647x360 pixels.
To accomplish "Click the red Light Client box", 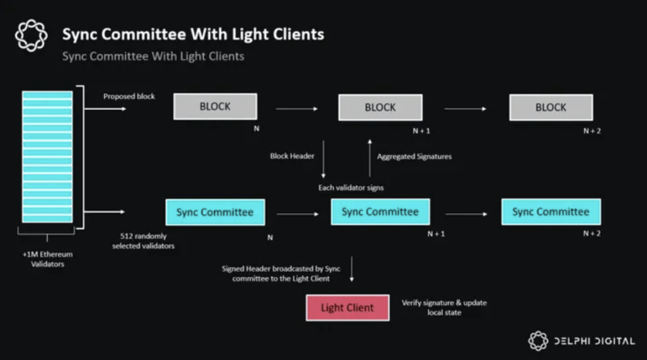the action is coord(347,308).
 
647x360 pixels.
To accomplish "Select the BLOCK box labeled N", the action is coord(215,106).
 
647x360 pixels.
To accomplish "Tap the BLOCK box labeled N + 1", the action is coord(380,107).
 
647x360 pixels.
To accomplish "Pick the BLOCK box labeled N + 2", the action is coord(551,107).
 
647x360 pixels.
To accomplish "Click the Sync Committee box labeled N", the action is coord(215,212).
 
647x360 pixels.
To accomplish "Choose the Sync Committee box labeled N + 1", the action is coord(380,212).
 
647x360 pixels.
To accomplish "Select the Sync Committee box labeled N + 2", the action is coord(551,212).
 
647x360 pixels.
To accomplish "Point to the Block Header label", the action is coord(292,156).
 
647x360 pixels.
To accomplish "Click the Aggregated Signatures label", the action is coord(414,156).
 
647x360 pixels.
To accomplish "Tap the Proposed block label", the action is coord(129,96).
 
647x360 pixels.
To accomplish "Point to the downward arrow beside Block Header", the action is coord(323,159).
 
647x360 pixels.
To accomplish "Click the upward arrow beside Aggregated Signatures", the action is coord(369,158).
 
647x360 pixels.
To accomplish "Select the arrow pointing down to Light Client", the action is coord(351,269).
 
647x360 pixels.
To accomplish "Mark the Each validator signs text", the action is coord(351,188).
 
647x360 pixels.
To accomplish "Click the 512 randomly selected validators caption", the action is coord(143,241).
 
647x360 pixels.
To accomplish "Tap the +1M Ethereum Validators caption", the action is coord(48,259).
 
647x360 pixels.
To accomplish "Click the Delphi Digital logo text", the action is coord(595,341).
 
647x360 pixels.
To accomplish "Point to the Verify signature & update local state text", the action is coord(445,307).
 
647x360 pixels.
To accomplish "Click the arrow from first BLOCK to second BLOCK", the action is coord(297,109).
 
